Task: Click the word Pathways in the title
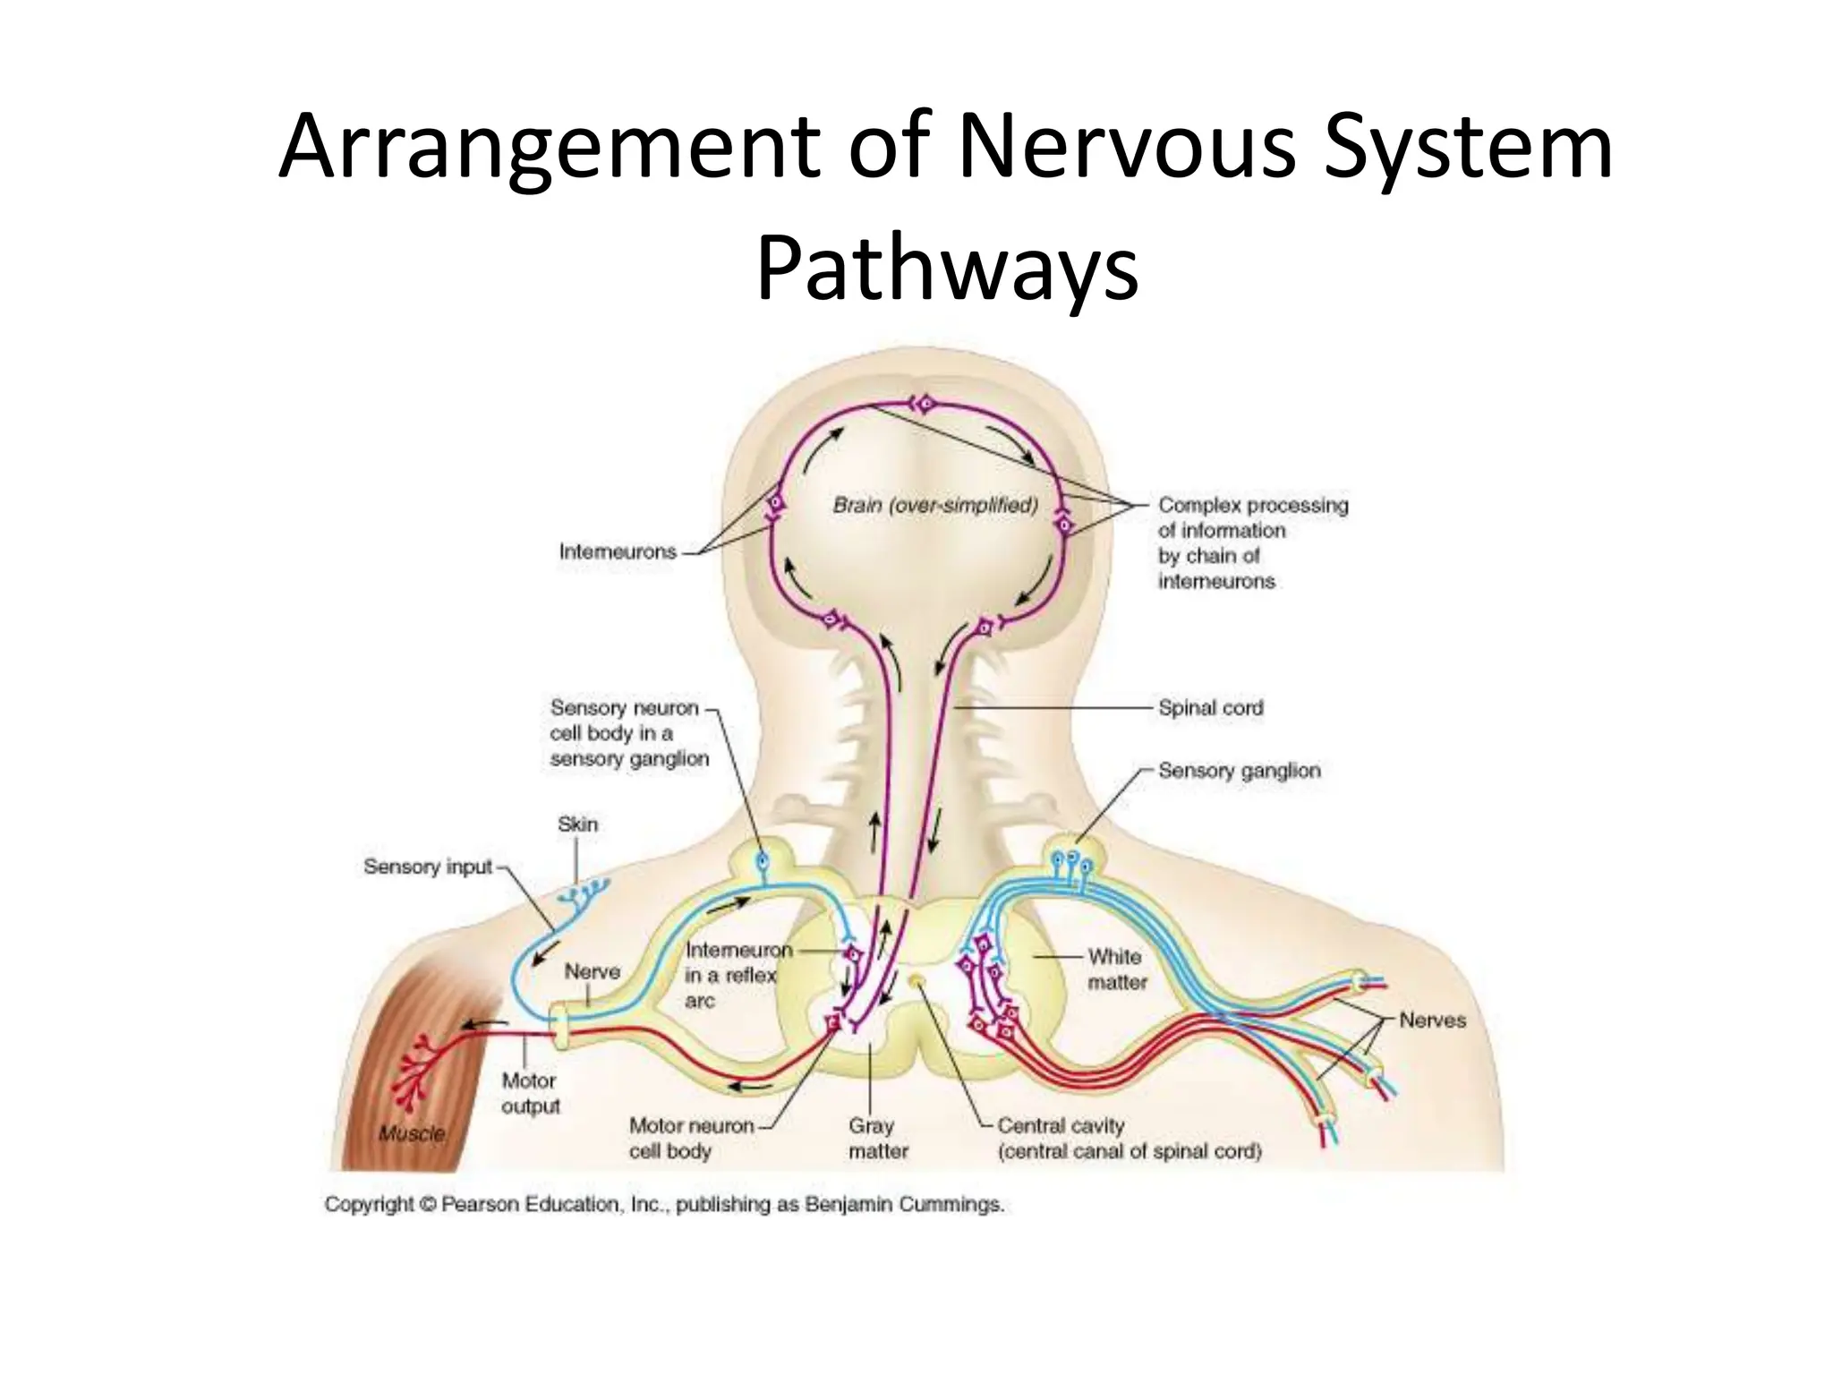pyautogui.click(x=947, y=267)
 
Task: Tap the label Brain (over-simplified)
pyautogui.click(x=935, y=505)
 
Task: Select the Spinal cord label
pyautogui.click(x=1210, y=707)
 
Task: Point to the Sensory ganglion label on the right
pyautogui.click(x=1239, y=770)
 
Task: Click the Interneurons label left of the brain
pyautogui.click(x=618, y=551)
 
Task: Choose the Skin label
pyautogui.click(x=577, y=824)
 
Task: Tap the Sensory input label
pyautogui.click(x=428, y=867)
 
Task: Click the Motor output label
pyautogui.click(x=530, y=1093)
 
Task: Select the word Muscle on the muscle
pyautogui.click(x=411, y=1133)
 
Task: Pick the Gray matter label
pyautogui.click(x=877, y=1138)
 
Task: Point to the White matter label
pyautogui.click(x=1116, y=969)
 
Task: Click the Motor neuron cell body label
pyautogui.click(x=691, y=1138)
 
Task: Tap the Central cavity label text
pyautogui.click(x=1061, y=1125)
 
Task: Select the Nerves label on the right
pyautogui.click(x=1432, y=1020)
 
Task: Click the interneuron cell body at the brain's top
pyautogui.click(x=925, y=405)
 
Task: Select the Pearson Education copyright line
pyautogui.click(x=664, y=1204)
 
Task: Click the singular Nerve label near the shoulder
pyautogui.click(x=592, y=971)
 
